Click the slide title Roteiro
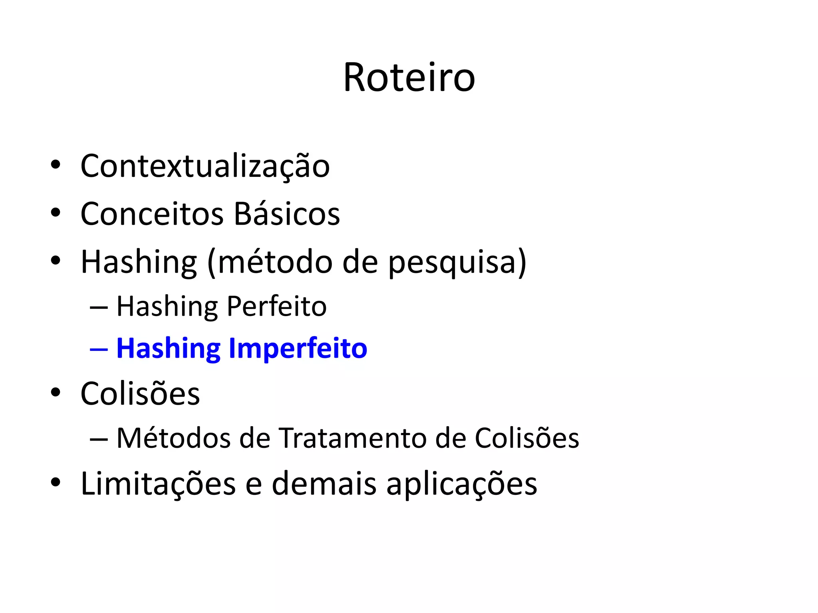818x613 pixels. [x=409, y=78]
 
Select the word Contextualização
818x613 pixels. [x=205, y=166]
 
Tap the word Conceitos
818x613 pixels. [x=152, y=214]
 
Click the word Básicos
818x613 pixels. [x=287, y=214]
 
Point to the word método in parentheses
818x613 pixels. [x=275, y=262]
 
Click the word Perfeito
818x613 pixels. [x=276, y=306]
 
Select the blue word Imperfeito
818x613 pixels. [x=298, y=349]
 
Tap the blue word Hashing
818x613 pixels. [x=168, y=349]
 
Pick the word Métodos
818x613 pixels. [x=174, y=438]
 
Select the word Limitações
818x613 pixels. [x=158, y=484]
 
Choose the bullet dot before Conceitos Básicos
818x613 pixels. [x=56, y=213]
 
